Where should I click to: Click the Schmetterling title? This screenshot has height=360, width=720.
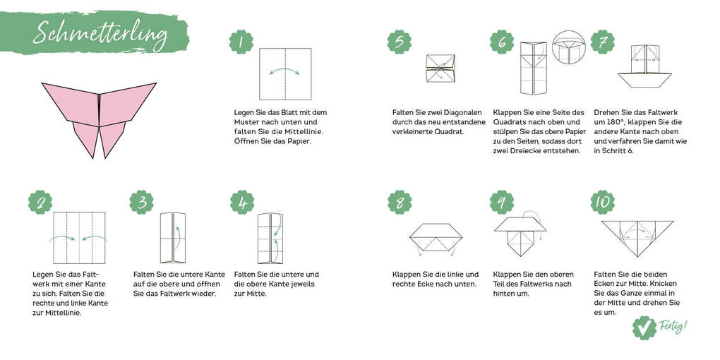(x=100, y=32)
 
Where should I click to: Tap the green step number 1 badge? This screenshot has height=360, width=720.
(x=241, y=42)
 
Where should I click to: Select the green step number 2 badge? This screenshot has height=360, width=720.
(x=40, y=203)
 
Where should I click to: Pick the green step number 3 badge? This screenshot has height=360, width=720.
(x=141, y=203)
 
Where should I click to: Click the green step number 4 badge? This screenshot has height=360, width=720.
(x=242, y=203)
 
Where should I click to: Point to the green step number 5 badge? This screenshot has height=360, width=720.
(x=399, y=42)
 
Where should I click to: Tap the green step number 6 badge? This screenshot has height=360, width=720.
(x=502, y=42)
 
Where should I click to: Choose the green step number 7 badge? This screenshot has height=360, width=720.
(x=602, y=42)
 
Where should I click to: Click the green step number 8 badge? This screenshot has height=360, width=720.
(x=400, y=203)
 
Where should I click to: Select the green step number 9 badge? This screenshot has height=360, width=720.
(x=502, y=203)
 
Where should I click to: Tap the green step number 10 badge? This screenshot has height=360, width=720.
(x=603, y=203)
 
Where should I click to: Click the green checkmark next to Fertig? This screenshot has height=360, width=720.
(x=644, y=328)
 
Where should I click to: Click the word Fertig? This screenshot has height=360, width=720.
(x=674, y=326)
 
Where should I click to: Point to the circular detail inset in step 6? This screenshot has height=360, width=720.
(x=570, y=48)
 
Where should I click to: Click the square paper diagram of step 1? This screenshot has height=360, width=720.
(x=285, y=74)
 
